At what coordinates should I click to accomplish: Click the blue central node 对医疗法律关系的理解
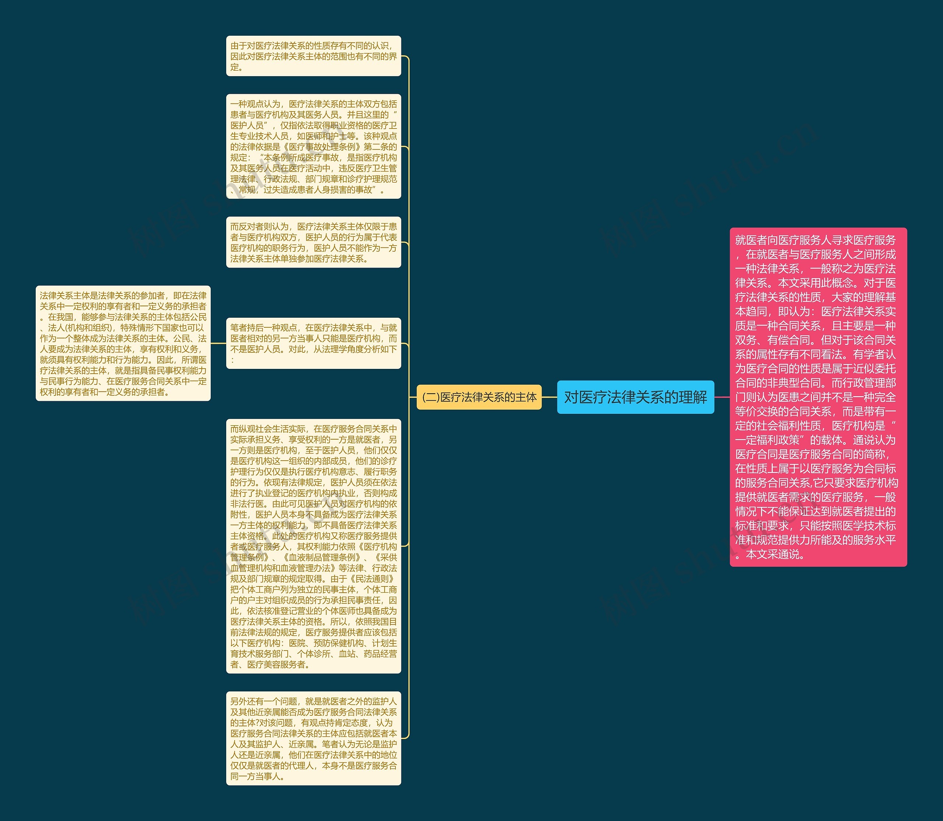coord(635,397)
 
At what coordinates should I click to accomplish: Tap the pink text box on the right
coord(818,397)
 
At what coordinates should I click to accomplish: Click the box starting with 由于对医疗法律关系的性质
coord(313,56)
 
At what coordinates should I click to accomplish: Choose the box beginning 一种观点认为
coord(313,147)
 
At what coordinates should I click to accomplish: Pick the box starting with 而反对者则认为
coord(313,242)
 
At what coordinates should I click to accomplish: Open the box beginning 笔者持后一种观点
coord(313,343)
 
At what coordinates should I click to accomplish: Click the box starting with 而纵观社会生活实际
coord(313,546)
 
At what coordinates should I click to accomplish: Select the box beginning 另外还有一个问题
coord(313,738)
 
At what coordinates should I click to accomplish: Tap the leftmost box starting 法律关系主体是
coord(123,343)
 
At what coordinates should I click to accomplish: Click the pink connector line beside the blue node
coord(722,397)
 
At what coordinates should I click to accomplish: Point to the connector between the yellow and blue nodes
coord(549,397)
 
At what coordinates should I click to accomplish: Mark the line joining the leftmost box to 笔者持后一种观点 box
coord(218,343)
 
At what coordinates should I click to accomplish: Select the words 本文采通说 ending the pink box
coord(775,554)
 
